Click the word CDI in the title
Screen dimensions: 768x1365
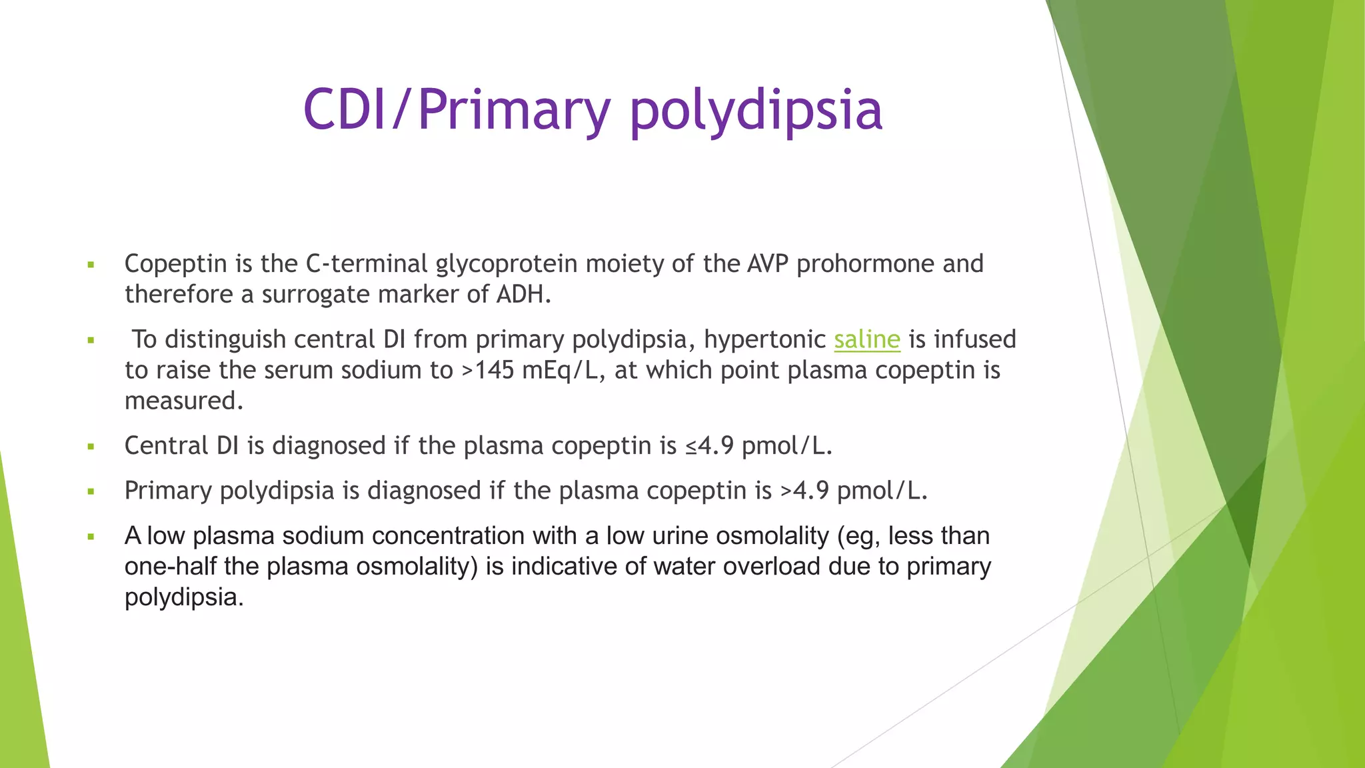coord(345,109)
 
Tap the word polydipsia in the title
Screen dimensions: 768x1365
coord(756,111)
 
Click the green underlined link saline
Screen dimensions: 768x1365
coord(866,339)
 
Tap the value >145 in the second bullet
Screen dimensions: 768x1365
coord(487,370)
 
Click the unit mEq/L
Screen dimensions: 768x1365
coord(559,370)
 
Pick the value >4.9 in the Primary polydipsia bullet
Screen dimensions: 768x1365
coord(804,491)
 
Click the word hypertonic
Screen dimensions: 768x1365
coord(764,339)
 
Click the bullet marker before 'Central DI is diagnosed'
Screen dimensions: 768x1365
coord(91,447)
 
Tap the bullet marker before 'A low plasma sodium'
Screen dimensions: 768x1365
coord(91,537)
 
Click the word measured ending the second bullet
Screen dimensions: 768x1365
coord(183,401)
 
